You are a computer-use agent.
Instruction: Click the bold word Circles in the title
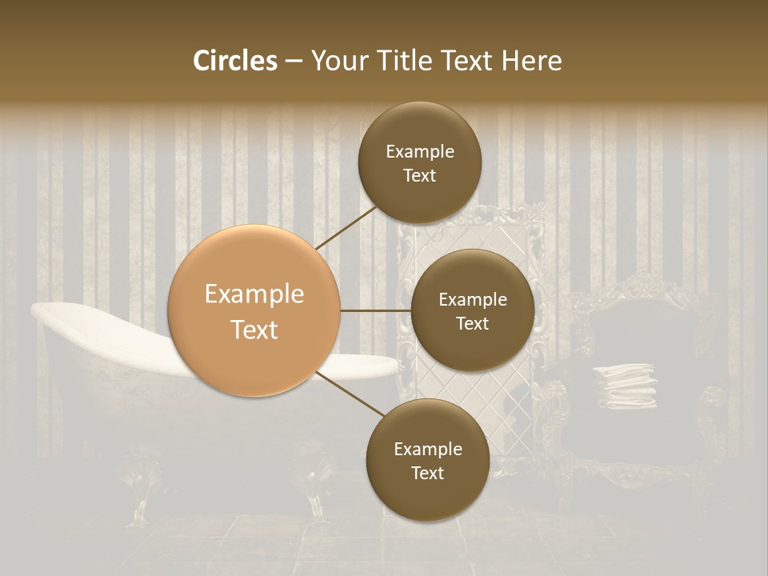click(234, 61)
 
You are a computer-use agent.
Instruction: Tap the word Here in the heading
click(532, 61)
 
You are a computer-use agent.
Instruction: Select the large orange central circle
click(254, 311)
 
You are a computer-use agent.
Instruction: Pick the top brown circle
click(420, 163)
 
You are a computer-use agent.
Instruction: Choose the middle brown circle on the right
click(472, 310)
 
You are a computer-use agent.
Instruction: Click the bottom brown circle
click(427, 460)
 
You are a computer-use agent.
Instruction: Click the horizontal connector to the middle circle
click(375, 310)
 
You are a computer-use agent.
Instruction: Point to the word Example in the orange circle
click(254, 294)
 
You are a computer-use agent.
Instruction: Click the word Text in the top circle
click(420, 176)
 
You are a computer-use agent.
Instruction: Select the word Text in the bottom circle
click(427, 474)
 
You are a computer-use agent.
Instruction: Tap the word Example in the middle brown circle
click(472, 300)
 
